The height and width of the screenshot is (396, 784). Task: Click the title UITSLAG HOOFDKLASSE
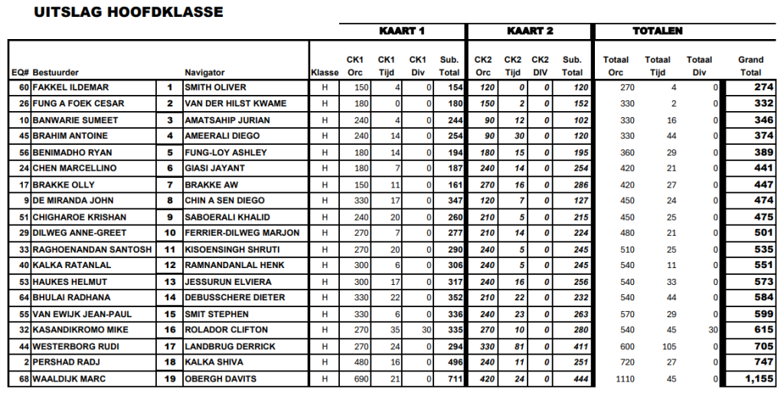coord(129,12)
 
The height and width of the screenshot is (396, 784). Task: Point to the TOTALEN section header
coord(657,31)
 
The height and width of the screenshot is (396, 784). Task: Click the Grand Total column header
coord(750,66)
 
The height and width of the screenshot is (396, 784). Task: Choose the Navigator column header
coord(205,73)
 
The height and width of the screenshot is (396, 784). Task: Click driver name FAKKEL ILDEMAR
coord(70,87)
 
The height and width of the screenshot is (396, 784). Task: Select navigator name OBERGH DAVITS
coord(220,378)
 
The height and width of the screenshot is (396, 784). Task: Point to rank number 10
coord(169,233)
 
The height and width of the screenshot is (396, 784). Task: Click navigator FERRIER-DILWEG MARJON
coord(242,233)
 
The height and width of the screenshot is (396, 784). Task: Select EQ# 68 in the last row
coord(24,378)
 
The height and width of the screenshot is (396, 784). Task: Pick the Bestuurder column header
coord(55,73)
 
